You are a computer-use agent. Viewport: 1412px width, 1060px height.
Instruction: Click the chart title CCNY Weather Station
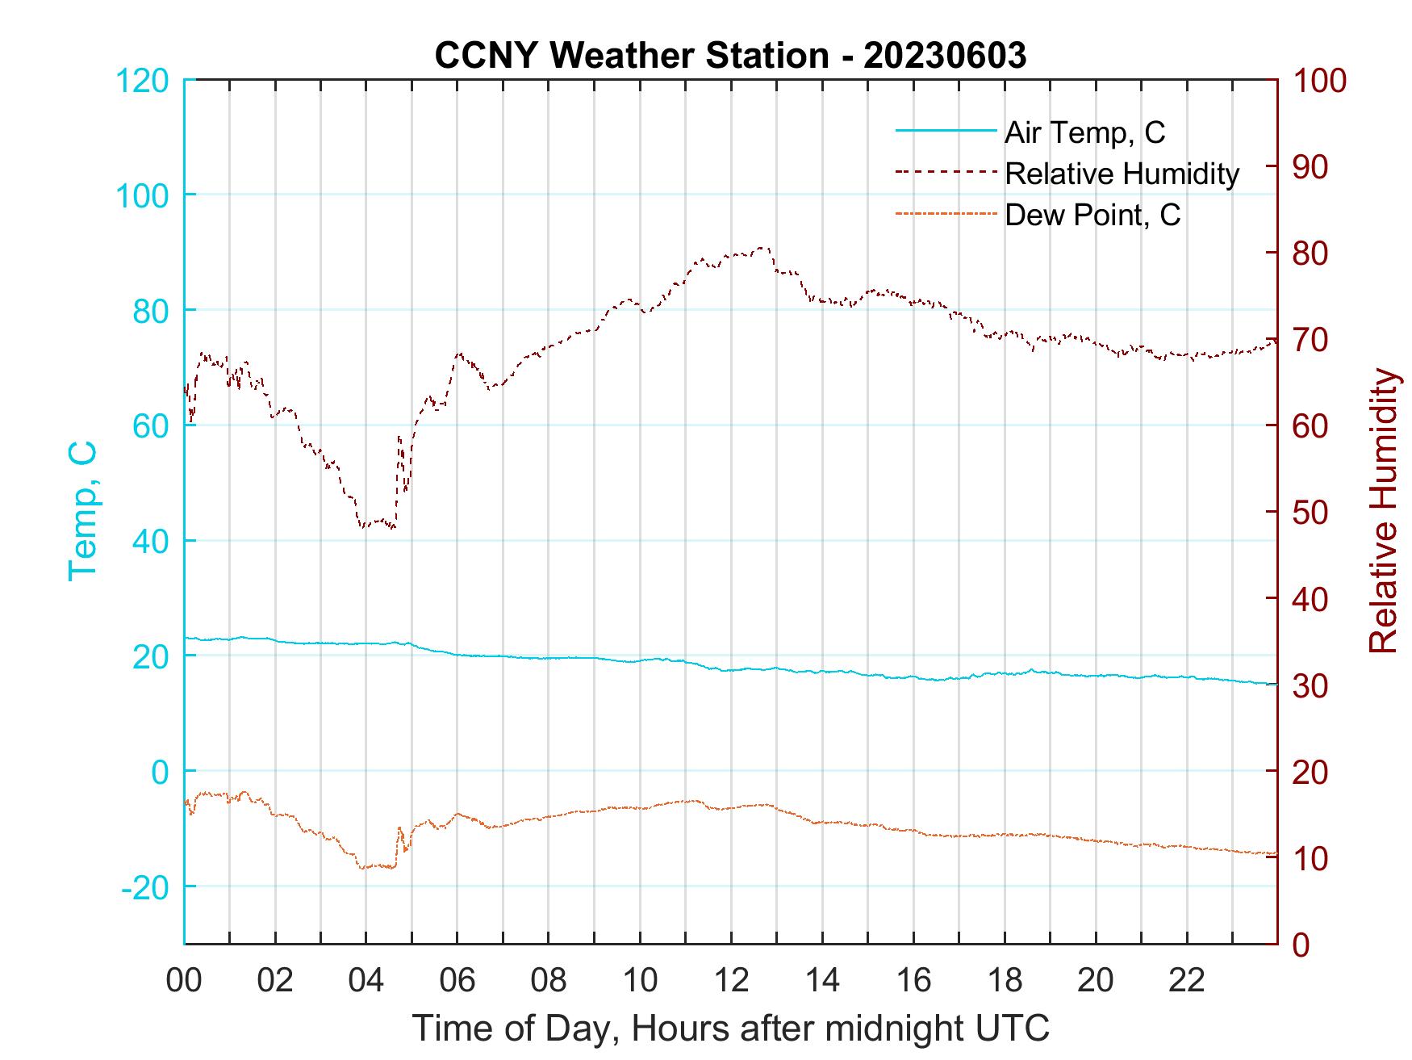click(x=730, y=55)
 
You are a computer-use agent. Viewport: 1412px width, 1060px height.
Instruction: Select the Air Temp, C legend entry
click(x=1084, y=132)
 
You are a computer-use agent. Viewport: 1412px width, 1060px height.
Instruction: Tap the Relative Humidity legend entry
click(x=1122, y=174)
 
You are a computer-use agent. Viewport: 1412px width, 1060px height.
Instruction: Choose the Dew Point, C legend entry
click(x=1092, y=216)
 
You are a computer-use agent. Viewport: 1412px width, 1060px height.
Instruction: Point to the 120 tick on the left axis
click(x=142, y=80)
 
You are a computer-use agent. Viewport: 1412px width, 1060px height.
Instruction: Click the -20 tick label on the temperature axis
click(x=145, y=886)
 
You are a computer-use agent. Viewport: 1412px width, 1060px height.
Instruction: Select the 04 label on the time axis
click(x=366, y=980)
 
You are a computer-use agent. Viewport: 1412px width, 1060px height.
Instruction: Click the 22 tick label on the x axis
click(x=1187, y=980)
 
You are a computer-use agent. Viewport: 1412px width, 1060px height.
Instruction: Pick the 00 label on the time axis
click(x=184, y=980)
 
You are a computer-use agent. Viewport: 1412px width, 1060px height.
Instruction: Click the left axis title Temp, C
click(x=82, y=510)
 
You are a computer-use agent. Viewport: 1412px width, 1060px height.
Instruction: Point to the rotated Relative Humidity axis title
click(x=1383, y=510)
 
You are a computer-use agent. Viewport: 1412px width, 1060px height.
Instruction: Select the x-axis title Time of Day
click(x=730, y=1029)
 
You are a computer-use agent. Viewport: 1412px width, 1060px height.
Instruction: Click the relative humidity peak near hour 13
click(x=762, y=248)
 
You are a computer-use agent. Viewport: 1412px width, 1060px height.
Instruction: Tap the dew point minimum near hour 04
click(x=363, y=868)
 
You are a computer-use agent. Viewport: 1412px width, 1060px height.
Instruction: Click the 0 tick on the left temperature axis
click(x=160, y=771)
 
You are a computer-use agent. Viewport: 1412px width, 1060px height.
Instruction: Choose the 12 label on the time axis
click(x=731, y=980)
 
